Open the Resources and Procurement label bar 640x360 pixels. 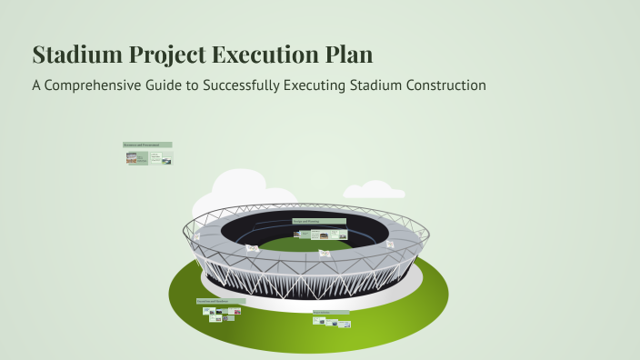click(147, 145)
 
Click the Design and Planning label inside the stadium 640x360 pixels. click(318, 221)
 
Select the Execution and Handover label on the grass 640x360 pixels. click(220, 300)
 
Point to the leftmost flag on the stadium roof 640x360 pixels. click(196, 235)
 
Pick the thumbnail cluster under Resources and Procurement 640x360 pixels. click(148, 157)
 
